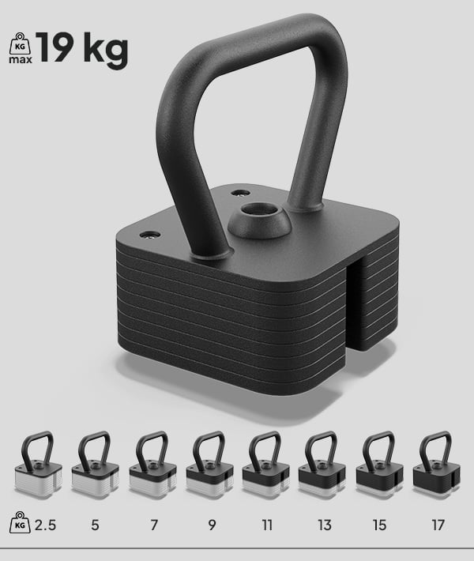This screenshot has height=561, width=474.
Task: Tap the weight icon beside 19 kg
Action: pyautogui.click(x=19, y=47)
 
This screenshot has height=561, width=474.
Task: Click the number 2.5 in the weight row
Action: pyautogui.click(x=46, y=525)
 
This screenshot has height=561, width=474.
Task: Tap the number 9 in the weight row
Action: pyautogui.click(x=211, y=525)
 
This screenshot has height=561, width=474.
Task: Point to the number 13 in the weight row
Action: pyautogui.click(x=324, y=525)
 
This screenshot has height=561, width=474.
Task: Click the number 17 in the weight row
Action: pyautogui.click(x=438, y=525)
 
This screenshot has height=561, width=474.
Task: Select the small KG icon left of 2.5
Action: pyautogui.click(x=20, y=523)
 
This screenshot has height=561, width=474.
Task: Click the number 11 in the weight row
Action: pyautogui.click(x=267, y=525)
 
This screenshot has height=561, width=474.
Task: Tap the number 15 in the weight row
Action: pyautogui.click(x=381, y=525)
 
